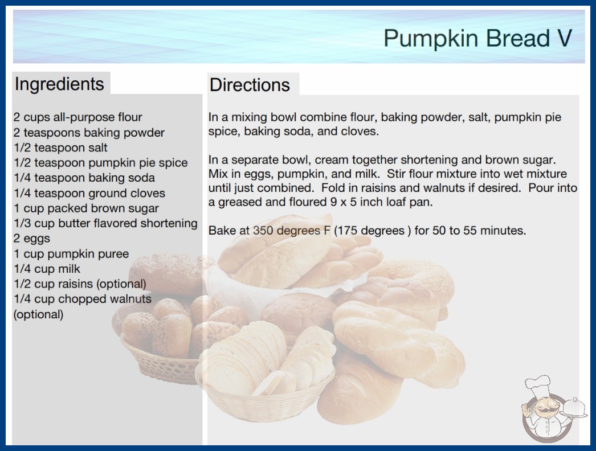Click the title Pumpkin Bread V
pyautogui.click(x=477, y=38)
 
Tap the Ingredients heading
pyautogui.click(x=59, y=84)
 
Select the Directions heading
pyautogui.click(x=250, y=85)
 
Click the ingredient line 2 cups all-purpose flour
pyautogui.click(x=77, y=117)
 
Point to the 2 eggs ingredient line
pyautogui.click(x=32, y=239)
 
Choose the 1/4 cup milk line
pyautogui.click(x=47, y=269)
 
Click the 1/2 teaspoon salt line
pyautogui.click(x=61, y=147)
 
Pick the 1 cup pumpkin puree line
pyautogui.click(x=71, y=254)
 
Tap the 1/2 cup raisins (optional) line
pyautogui.click(x=80, y=284)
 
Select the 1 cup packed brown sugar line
pyautogui.click(x=86, y=208)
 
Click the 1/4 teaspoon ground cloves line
pyautogui.click(x=89, y=193)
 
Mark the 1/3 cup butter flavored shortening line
pyautogui.click(x=105, y=223)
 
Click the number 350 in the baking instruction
pyautogui.click(x=263, y=231)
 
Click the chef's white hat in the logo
pyautogui.click(x=537, y=384)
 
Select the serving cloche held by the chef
pyautogui.click(x=574, y=408)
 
